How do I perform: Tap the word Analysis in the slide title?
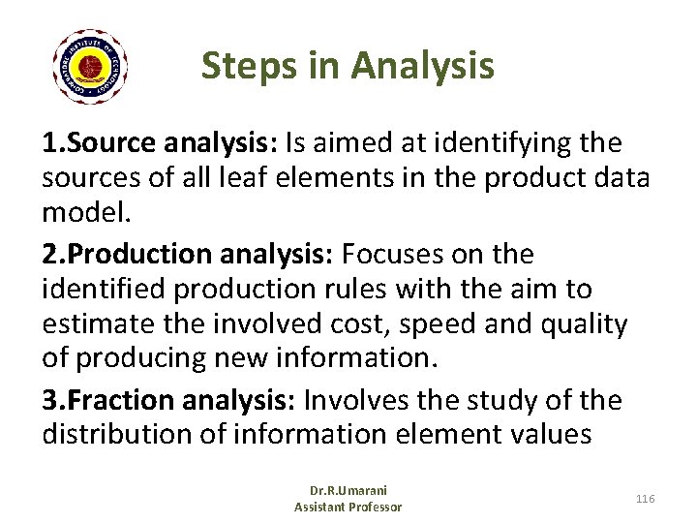tap(422, 66)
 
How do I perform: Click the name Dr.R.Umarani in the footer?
tap(348, 490)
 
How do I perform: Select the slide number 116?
tap(646, 498)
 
